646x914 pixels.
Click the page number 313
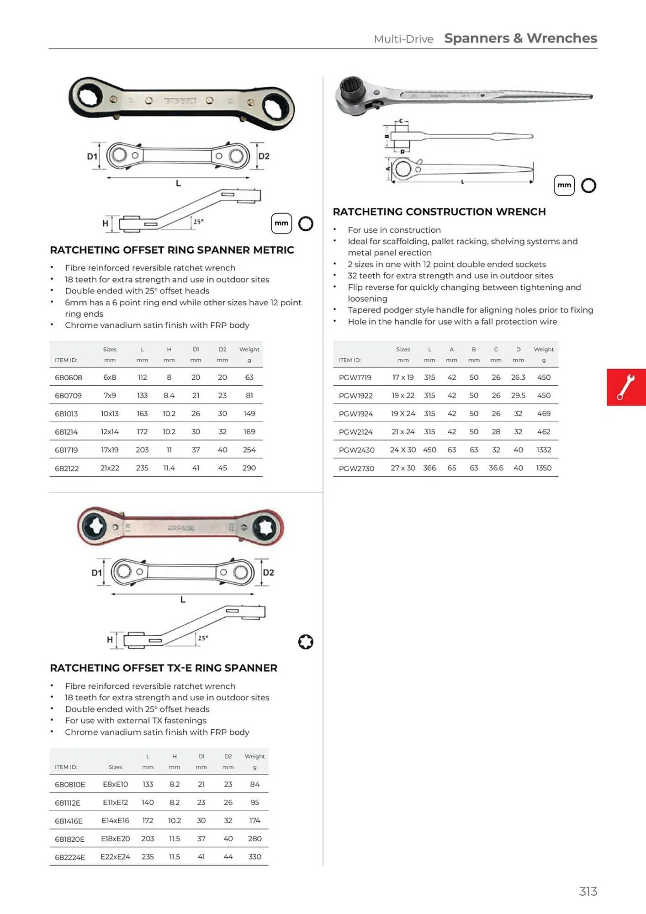click(588, 891)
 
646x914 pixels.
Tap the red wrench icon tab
click(625, 387)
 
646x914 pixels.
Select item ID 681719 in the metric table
click(66, 450)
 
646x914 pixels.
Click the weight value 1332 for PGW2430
click(543, 450)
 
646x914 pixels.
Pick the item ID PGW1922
click(355, 395)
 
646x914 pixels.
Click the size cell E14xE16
click(115, 821)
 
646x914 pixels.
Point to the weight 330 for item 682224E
click(254, 857)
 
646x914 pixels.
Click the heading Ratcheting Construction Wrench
click(439, 212)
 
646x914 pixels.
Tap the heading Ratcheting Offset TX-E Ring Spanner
click(164, 668)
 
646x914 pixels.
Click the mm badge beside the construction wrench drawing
click(564, 185)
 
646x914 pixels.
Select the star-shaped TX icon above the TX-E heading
click(306, 642)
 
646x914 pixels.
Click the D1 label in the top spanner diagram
click(92, 156)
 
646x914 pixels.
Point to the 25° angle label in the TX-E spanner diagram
click(203, 638)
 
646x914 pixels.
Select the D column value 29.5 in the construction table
click(518, 395)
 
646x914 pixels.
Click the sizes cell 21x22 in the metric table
click(110, 468)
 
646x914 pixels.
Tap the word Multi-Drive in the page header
click(403, 39)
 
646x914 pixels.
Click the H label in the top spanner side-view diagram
click(106, 223)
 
